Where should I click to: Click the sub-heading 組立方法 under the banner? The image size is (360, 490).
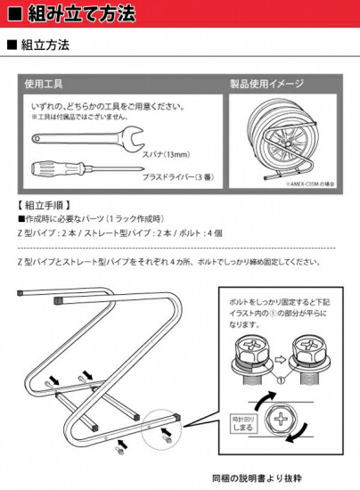click(x=45, y=44)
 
